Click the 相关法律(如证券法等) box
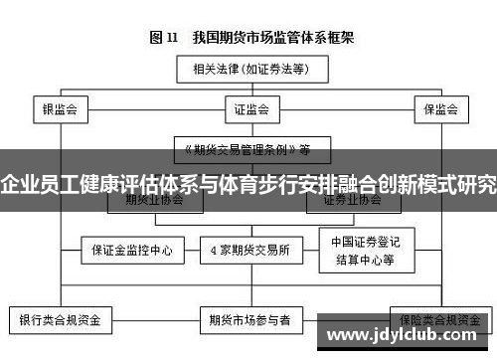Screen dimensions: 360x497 pos(248,70)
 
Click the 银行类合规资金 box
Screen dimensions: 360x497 pos(61,321)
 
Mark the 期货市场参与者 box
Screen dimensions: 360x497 pos(249,321)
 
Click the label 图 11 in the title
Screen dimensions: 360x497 pos(163,38)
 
